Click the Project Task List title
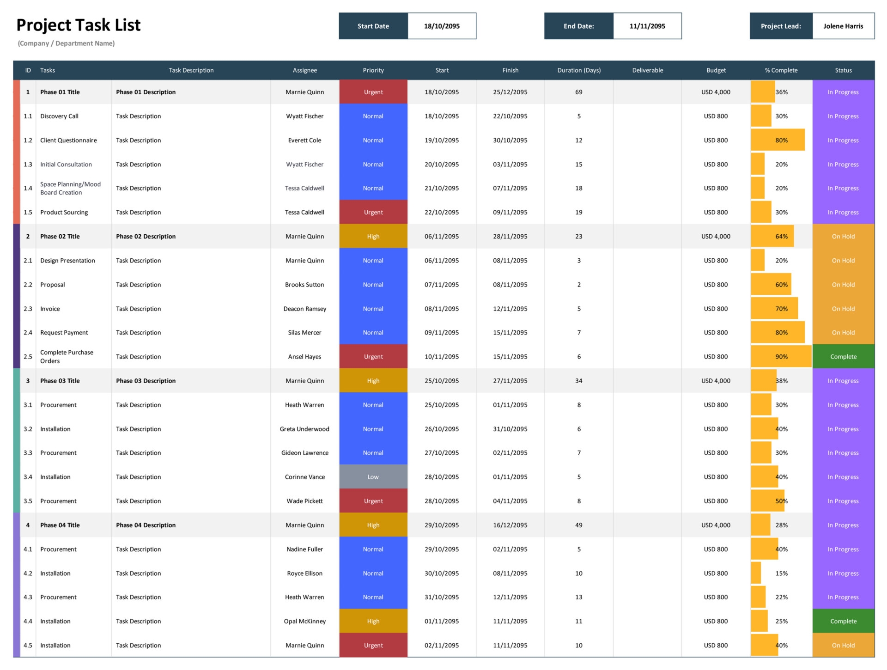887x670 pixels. click(79, 25)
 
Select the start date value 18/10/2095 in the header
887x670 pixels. click(442, 26)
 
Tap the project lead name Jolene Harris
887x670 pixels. click(843, 26)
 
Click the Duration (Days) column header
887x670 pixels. click(578, 70)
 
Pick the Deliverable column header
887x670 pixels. click(647, 70)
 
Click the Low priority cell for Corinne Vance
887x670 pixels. click(373, 477)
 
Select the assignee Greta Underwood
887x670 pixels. click(304, 429)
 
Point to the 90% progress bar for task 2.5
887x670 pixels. click(781, 357)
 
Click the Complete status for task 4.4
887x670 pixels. click(843, 621)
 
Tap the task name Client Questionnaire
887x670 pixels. click(68, 140)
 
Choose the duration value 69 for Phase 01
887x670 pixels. click(578, 92)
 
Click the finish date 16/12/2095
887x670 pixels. click(510, 525)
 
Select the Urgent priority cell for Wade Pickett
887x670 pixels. click(373, 501)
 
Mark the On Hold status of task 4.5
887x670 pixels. click(843, 645)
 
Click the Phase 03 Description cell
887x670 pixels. click(146, 381)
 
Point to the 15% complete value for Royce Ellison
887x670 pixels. click(781, 573)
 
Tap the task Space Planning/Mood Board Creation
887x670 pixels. click(70, 189)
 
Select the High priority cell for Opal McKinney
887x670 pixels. click(373, 621)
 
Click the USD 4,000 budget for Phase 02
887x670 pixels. click(716, 237)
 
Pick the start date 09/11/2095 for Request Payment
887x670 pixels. click(442, 333)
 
